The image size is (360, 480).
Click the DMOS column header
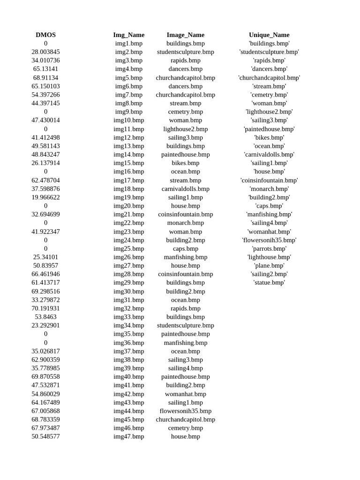45,35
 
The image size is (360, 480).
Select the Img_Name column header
128,35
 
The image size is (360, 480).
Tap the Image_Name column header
185,35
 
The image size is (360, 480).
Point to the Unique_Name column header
269,35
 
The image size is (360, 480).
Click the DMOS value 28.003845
45,52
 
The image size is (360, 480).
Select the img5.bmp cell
128,78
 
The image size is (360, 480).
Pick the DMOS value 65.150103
45,86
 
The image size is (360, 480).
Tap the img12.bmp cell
128,137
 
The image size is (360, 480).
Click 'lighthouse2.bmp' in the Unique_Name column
269,112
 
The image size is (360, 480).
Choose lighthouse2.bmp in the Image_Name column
185,129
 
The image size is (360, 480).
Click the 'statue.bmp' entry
269,283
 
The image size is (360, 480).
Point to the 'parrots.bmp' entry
269,248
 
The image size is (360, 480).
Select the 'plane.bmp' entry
269,265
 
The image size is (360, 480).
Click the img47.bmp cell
128,436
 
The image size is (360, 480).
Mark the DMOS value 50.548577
45,436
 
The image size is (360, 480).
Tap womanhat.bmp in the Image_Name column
185,394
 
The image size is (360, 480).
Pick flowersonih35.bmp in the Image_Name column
185,411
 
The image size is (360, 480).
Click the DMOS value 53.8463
45,317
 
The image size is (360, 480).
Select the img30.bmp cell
128,291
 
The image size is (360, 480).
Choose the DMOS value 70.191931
45,308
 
